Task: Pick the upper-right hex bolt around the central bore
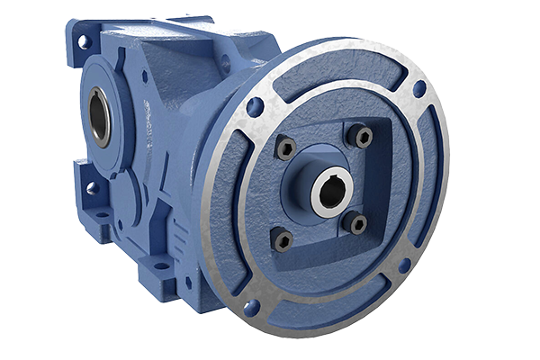click(363, 137)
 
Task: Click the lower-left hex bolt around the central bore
click(282, 240)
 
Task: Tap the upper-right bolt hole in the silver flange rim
click(419, 88)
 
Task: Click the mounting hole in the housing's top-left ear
click(84, 41)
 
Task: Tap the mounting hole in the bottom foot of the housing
click(162, 265)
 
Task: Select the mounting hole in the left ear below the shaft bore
click(91, 188)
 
